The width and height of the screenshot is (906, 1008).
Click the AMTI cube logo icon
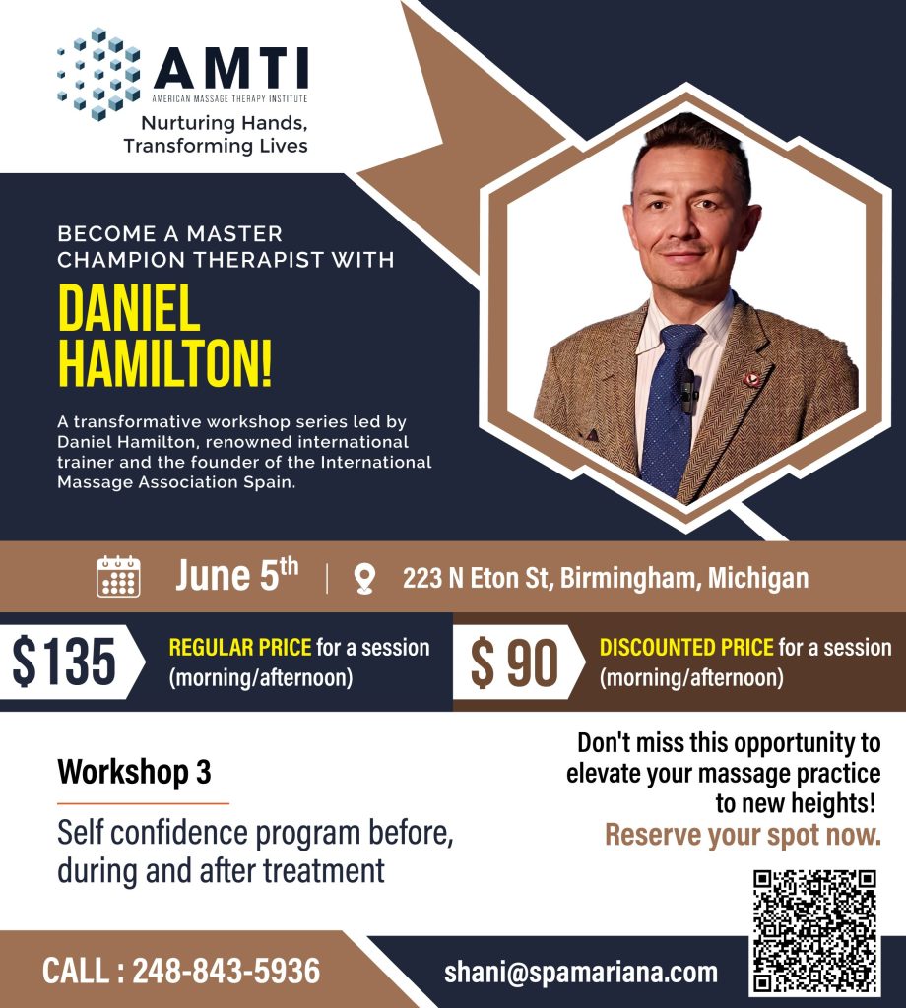(x=98, y=73)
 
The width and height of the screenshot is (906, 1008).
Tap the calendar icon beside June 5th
(x=118, y=577)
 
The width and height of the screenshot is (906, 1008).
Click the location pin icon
(x=364, y=579)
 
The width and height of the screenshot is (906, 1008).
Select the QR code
(x=814, y=931)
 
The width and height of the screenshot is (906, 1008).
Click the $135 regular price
(x=64, y=661)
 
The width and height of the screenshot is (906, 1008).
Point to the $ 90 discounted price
(x=514, y=662)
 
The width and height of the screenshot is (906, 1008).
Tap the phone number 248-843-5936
(x=226, y=971)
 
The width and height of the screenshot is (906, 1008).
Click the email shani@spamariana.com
(x=581, y=973)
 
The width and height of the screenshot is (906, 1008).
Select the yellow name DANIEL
(x=129, y=308)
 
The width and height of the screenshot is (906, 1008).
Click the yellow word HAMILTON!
(x=164, y=362)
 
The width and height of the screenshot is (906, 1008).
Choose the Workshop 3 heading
(x=134, y=772)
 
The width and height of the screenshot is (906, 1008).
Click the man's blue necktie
(x=672, y=409)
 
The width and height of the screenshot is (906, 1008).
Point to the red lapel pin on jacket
(x=751, y=379)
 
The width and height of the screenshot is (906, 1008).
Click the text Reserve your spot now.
(x=743, y=835)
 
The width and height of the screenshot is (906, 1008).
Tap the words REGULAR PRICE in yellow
(x=240, y=648)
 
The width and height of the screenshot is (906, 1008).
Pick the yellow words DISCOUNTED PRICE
(x=686, y=648)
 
